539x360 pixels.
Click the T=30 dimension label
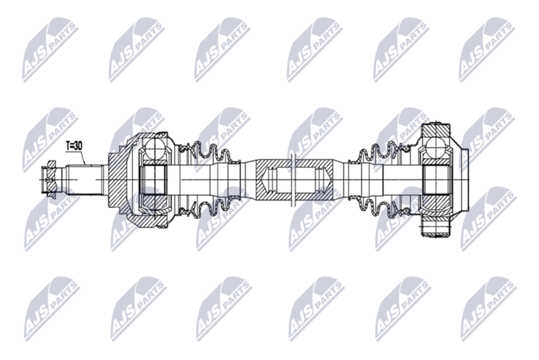point(74,146)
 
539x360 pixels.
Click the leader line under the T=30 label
point(82,158)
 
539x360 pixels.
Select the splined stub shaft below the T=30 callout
point(85,180)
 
